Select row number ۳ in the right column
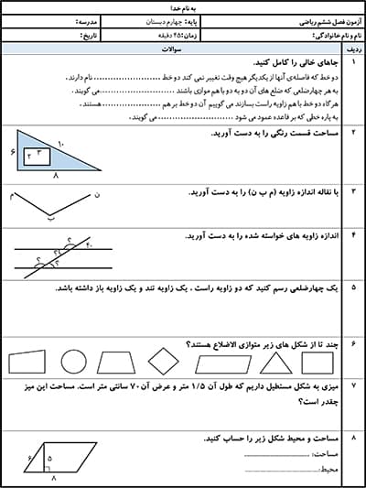coord(352,192)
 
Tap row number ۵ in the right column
coord(352,287)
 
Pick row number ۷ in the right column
coord(352,386)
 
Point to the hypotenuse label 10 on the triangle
coord(61,143)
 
